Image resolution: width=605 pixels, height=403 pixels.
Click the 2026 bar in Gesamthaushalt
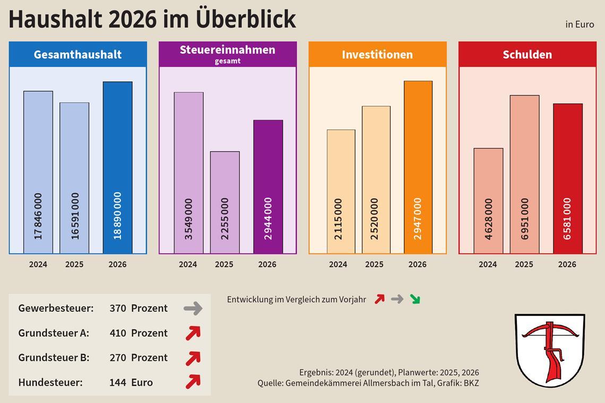coord(117,168)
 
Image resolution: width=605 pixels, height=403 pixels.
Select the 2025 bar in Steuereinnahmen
coord(224,202)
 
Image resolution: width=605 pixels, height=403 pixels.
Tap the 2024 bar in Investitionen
coord(341,191)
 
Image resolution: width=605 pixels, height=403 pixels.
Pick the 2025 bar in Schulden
coord(524,174)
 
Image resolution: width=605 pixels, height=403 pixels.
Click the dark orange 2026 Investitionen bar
coord(418,167)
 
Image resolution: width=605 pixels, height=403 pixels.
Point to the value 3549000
coord(188,219)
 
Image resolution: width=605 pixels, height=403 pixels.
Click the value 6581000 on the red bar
coord(567,219)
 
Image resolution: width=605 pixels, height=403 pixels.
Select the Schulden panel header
coord(527,54)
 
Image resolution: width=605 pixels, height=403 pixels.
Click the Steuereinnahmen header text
coord(227,50)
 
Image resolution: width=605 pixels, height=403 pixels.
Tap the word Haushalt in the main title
coord(54,19)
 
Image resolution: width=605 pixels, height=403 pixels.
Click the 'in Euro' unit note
coord(580,24)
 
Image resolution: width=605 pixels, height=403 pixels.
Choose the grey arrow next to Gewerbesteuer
coord(193,308)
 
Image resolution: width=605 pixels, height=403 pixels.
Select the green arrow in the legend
coord(414,299)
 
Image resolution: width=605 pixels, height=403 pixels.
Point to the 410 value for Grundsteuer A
coord(118,333)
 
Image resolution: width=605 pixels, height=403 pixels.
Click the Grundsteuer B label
coord(54,357)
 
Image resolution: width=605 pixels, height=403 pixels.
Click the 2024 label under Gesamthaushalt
coord(38,264)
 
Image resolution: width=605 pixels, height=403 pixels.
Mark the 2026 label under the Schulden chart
coord(567,264)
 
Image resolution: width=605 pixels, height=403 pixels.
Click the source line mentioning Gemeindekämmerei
coord(368,383)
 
